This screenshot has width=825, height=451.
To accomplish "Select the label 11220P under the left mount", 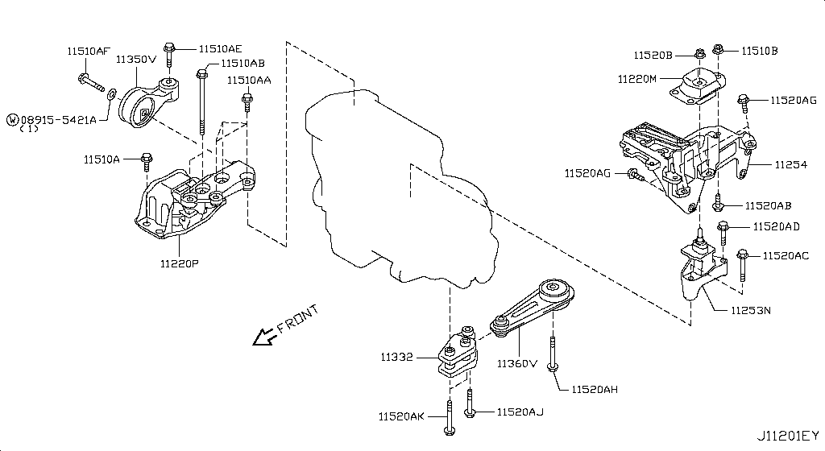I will [179, 263].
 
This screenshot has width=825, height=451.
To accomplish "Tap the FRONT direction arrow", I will [263, 337].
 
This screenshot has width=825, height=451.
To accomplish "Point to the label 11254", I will [790, 164].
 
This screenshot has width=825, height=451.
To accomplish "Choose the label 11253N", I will [750, 310].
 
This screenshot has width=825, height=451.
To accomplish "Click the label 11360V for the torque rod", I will [516, 363].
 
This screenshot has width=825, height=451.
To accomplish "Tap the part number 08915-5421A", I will [58, 119].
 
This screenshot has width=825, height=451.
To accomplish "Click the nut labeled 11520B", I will [701, 55].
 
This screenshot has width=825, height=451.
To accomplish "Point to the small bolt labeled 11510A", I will [146, 163].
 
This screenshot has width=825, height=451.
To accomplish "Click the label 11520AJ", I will [520, 412].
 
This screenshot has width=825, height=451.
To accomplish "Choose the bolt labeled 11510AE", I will [169, 54].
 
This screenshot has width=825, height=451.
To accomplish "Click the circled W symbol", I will [12, 119].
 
